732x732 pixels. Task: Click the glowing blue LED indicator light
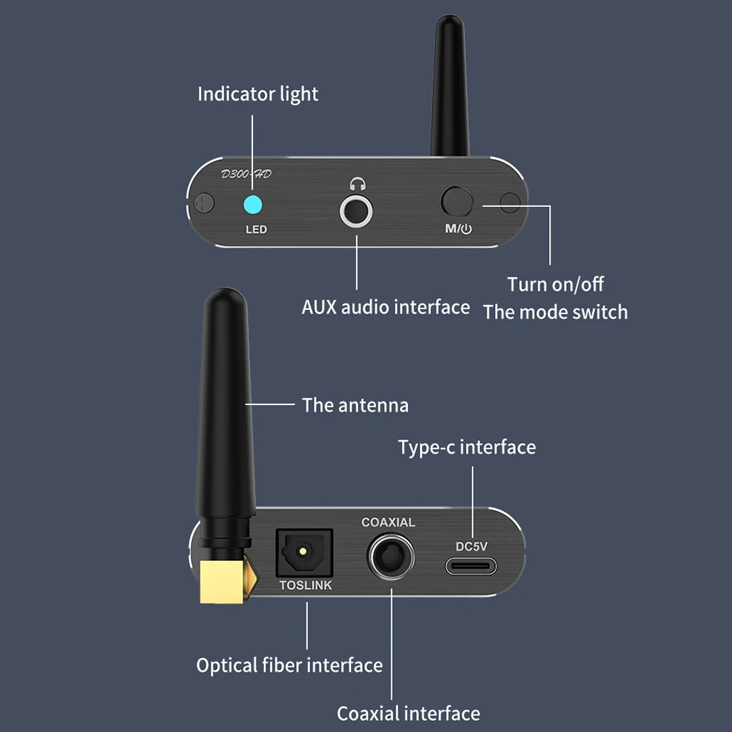coord(254,204)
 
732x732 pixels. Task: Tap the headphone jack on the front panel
coord(357,212)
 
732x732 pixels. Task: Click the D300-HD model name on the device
coord(246,174)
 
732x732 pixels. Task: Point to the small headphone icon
coord(357,185)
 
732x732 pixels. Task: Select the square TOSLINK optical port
coord(303,553)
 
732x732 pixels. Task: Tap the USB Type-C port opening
coord(472,567)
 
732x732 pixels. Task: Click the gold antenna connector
coord(224,583)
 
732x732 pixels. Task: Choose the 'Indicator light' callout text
coord(258,94)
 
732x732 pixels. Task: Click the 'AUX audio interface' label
coord(385,306)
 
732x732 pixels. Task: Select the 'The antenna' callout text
coord(355,404)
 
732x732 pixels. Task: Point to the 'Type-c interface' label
coord(467,447)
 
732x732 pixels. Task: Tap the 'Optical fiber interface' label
coord(290,665)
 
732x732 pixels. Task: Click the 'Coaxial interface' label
coord(408,713)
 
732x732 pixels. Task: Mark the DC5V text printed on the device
coord(472,546)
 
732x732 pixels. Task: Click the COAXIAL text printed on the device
coord(388,522)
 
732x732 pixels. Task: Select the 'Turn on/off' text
coord(556,284)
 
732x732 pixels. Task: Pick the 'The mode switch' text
coord(555,312)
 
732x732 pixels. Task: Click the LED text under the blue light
coord(256,230)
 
